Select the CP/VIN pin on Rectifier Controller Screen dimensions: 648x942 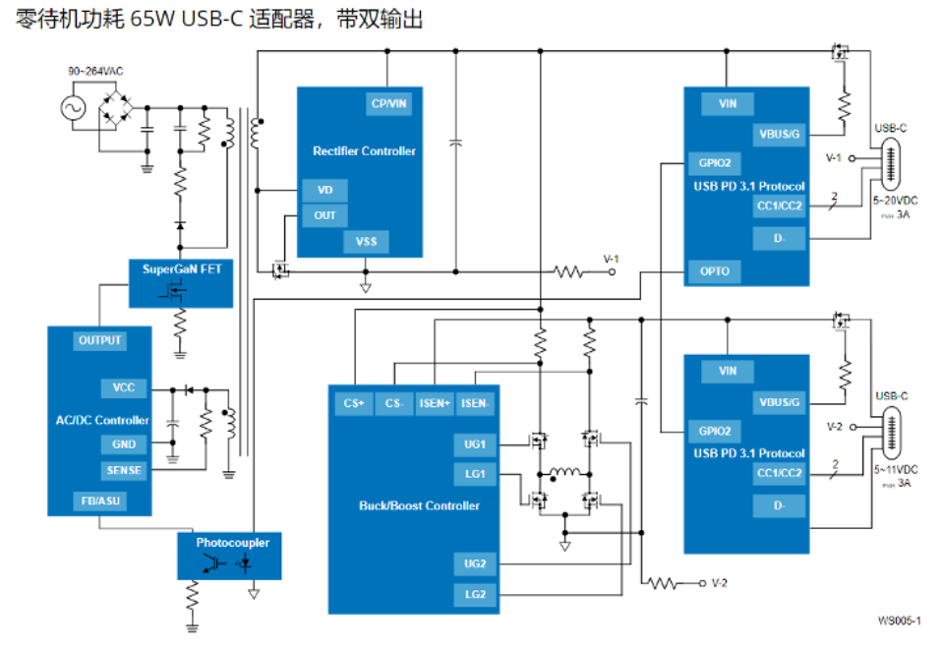(388, 103)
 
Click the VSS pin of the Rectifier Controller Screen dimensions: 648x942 (366, 241)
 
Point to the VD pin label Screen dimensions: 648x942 (324, 190)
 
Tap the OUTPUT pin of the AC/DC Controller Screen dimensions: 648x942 (100, 340)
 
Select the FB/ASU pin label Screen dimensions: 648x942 (100, 501)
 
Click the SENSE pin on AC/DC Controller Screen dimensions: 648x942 (125, 470)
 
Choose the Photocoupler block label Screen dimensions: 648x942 (232, 542)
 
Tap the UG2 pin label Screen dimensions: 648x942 (475, 563)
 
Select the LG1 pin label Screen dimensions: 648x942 (475, 473)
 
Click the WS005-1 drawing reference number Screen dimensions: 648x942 (900, 620)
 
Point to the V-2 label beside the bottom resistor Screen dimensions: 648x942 (720, 583)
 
